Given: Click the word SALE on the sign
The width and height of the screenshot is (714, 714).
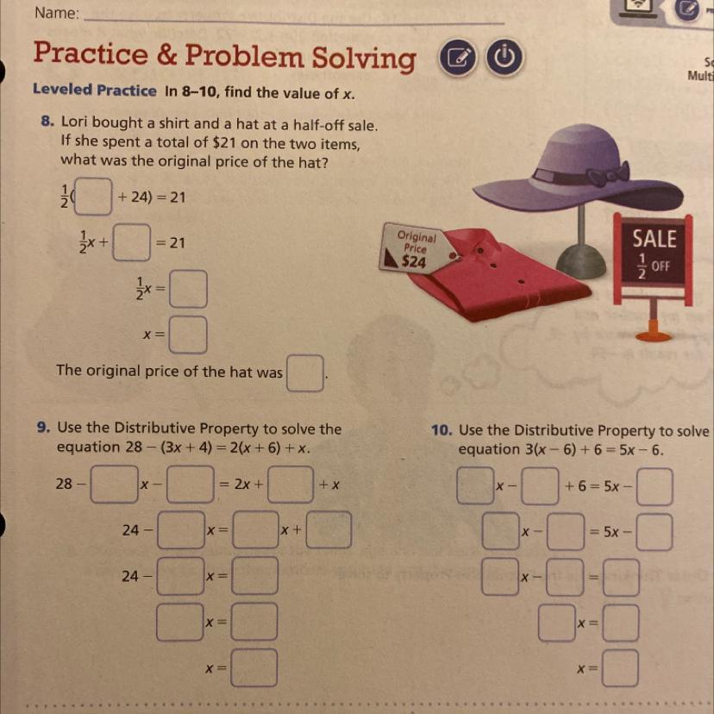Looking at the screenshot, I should click(x=654, y=237).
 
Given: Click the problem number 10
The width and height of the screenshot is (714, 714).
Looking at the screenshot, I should click(x=442, y=430).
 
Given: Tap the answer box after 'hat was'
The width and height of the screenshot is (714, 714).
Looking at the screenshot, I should click(x=305, y=374).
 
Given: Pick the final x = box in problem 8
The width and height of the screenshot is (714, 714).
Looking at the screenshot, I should click(x=188, y=335).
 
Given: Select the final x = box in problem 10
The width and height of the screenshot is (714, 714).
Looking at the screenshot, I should click(x=620, y=668).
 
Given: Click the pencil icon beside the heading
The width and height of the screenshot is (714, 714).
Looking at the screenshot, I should click(x=459, y=60).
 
